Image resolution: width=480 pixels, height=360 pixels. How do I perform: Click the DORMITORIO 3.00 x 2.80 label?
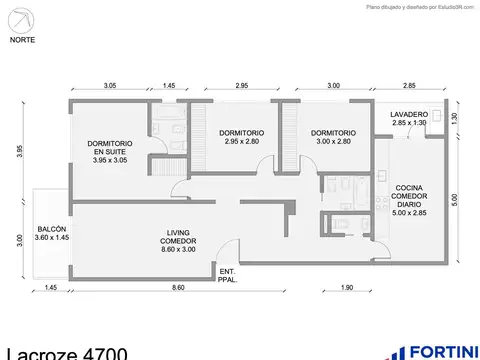332,138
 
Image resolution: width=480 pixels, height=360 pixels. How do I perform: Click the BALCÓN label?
51,232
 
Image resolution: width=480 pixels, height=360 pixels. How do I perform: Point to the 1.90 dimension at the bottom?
345,289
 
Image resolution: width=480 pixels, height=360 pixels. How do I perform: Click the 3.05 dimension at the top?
109,87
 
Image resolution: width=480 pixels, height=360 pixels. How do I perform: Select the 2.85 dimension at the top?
409,87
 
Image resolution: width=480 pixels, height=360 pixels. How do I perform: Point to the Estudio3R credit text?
420,7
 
